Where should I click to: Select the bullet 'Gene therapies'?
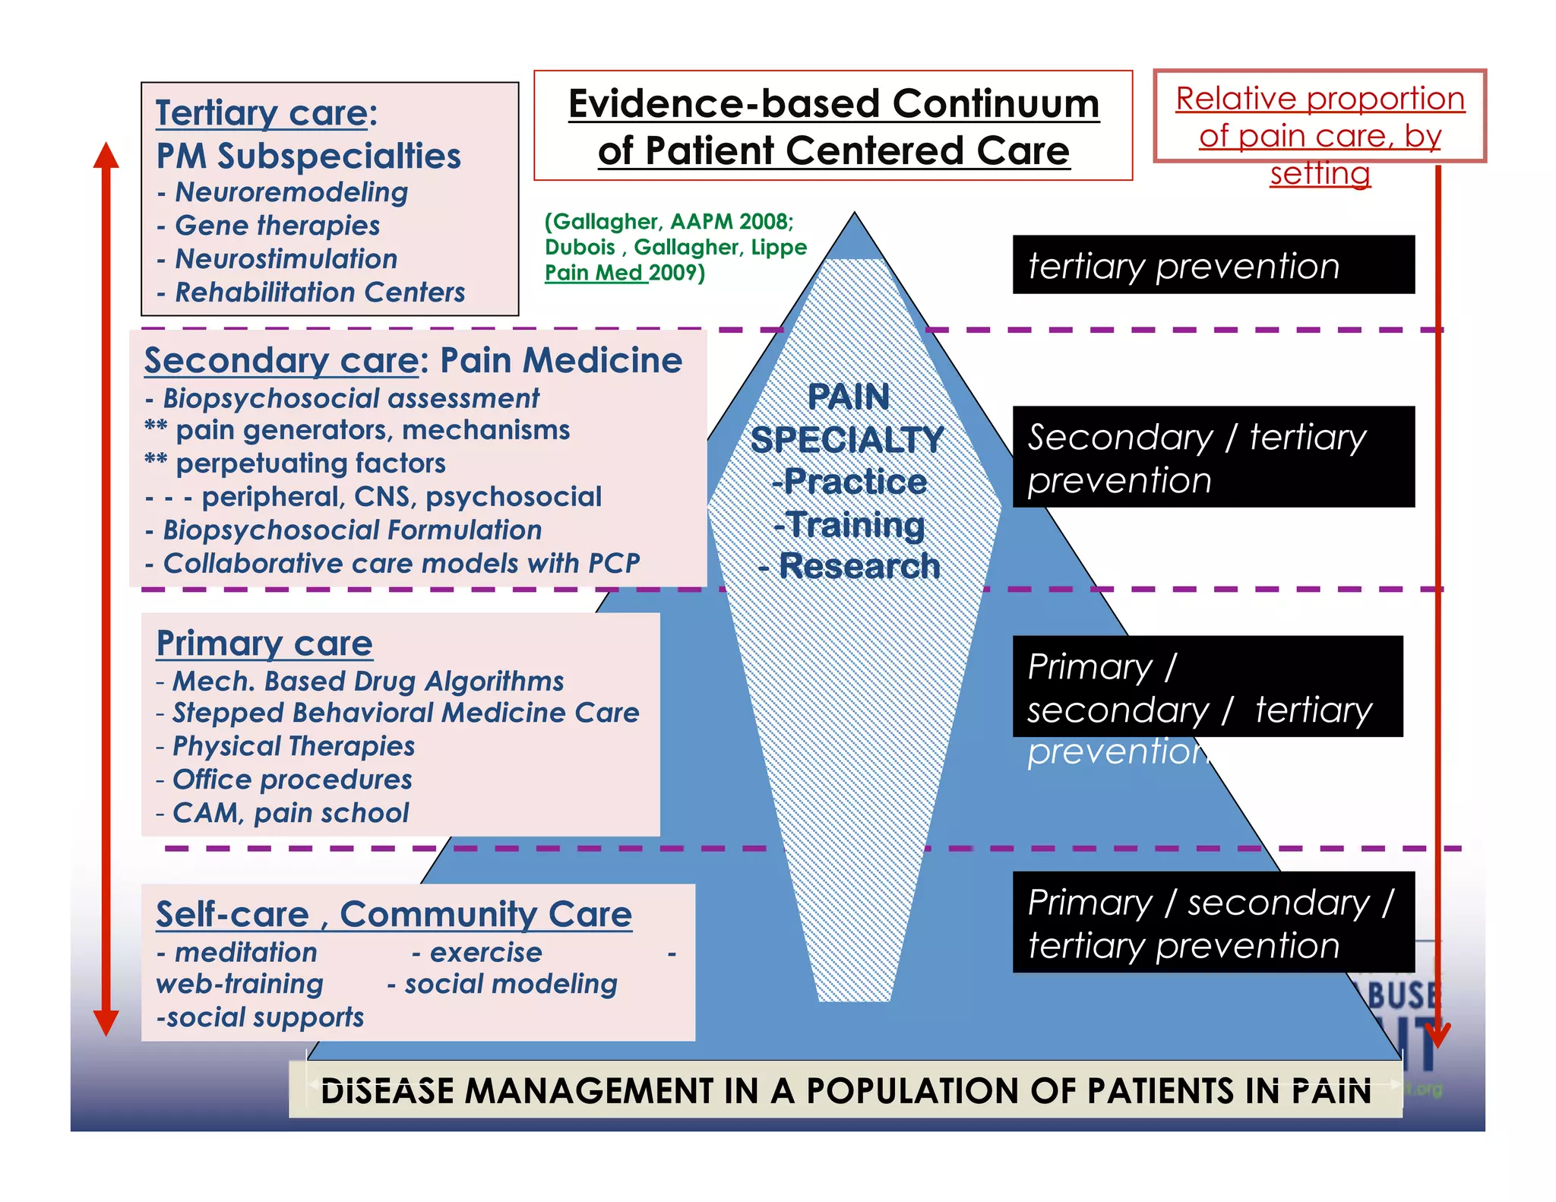(x=277, y=226)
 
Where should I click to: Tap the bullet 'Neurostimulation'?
(x=286, y=259)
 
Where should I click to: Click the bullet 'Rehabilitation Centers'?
(x=319, y=293)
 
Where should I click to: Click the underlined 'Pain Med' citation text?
(x=593, y=273)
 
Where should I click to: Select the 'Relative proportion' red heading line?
(x=1320, y=99)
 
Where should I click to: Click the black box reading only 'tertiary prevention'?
(x=1213, y=265)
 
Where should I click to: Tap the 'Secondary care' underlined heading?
(x=280, y=361)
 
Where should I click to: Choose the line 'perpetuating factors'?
(x=310, y=463)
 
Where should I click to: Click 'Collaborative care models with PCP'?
(x=401, y=564)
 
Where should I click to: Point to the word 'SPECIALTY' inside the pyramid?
(x=846, y=441)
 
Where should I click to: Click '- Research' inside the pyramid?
(x=849, y=567)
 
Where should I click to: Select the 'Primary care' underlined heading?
(x=264, y=644)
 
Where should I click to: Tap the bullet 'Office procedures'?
(x=292, y=780)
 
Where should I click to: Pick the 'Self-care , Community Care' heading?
(x=394, y=915)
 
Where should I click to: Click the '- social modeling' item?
(x=503, y=985)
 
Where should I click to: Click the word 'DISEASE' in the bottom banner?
(x=387, y=1092)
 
